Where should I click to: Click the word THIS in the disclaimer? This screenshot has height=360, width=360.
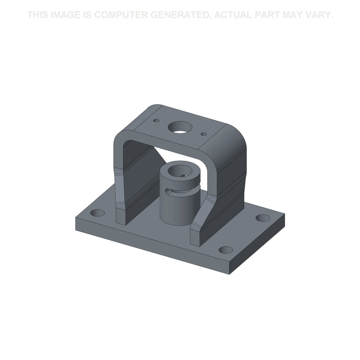click(38, 15)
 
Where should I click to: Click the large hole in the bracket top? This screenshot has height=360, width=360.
click(180, 127)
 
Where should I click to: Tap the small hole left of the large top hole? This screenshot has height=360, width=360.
click(156, 120)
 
